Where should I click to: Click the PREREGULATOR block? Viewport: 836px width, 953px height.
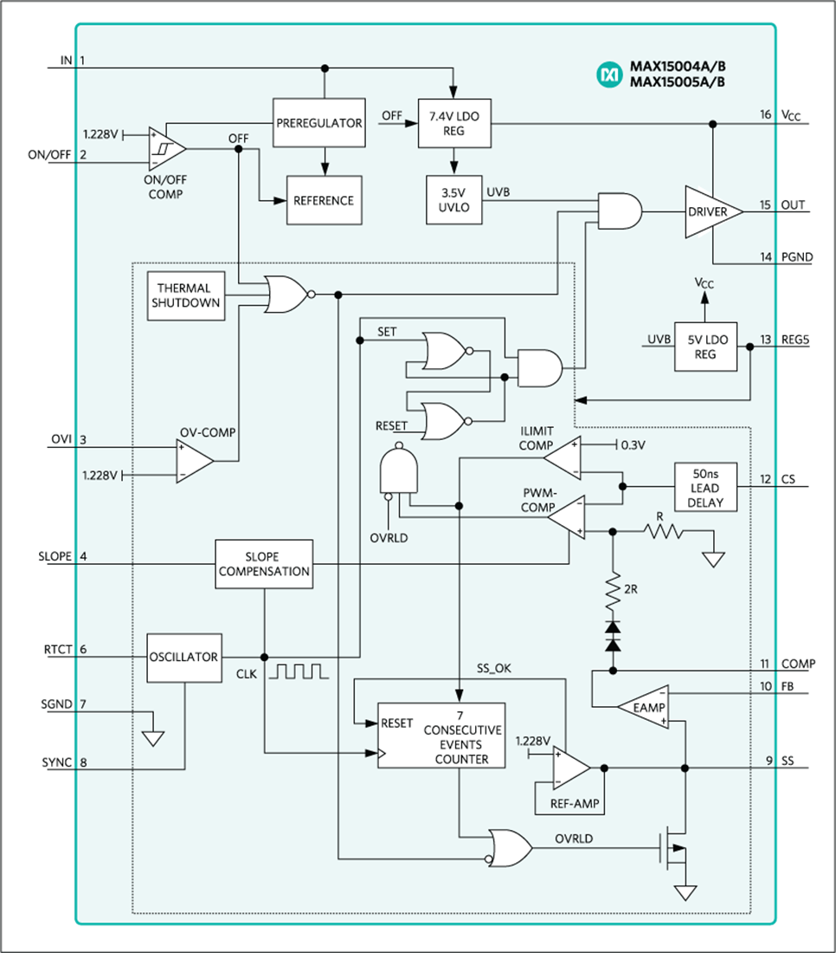(x=318, y=122)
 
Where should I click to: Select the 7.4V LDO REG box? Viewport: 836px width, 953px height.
(x=454, y=122)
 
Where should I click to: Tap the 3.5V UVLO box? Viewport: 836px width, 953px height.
(x=454, y=200)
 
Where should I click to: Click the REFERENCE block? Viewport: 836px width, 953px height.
(x=324, y=200)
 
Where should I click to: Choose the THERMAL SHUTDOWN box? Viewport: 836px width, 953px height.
(x=186, y=295)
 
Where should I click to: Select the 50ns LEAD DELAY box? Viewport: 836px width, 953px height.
(x=705, y=487)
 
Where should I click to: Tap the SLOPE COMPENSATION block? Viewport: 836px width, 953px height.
(x=264, y=565)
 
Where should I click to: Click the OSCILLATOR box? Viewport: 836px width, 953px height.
(x=183, y=658)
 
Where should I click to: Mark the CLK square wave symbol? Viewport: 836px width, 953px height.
(x=299, y=671)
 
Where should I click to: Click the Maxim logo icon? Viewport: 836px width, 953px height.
(x=610, y=75)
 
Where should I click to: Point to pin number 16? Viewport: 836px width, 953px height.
(x=765, y=115)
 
